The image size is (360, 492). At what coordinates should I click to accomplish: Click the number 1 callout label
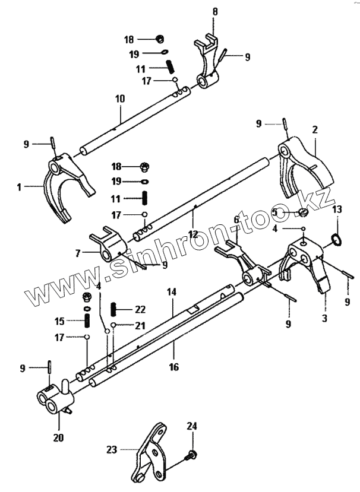[x=19, y=187]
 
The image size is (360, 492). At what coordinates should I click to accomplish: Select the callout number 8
[x=215, y=11]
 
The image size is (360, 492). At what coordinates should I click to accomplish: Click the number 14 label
[x=172, y=292]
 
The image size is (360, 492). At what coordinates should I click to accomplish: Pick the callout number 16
[x=173, y=367]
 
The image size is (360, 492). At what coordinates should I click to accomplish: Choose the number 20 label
[x=59, y=438]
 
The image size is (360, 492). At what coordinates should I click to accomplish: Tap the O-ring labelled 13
[x=336, y=240]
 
